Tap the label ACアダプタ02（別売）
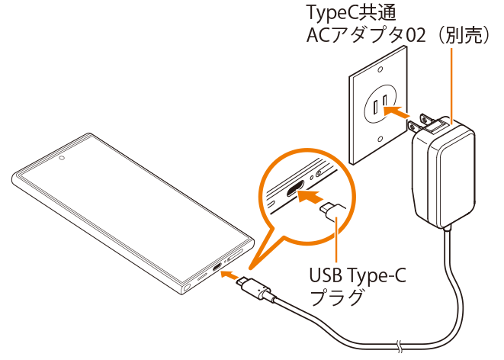396,34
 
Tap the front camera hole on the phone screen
60,159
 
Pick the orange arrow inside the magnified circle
308,197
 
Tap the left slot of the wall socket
377,101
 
